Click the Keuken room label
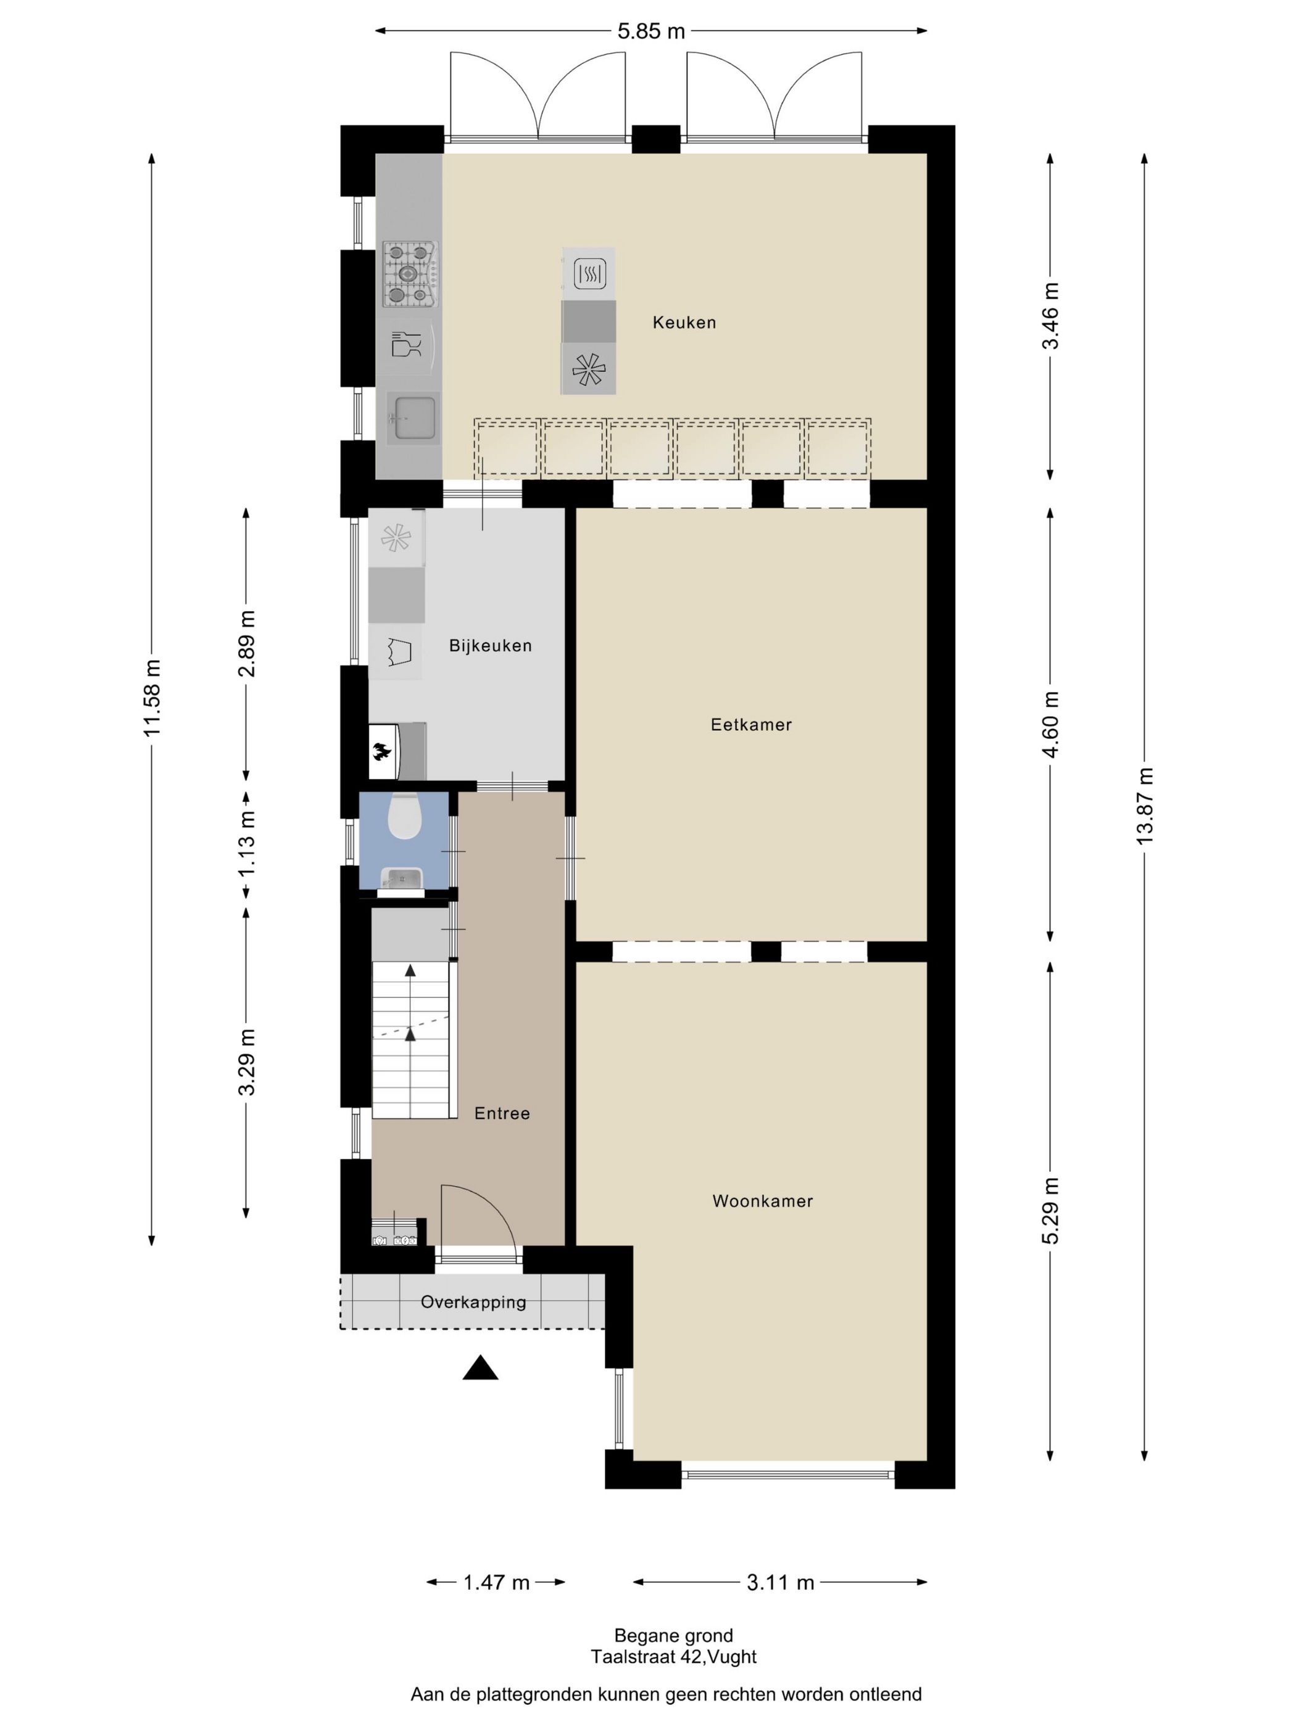click(684, 323)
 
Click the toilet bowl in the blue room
click(404, 816)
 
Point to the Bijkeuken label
click(490, 646)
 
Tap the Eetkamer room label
click(750, 725)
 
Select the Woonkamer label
click(762, 1201)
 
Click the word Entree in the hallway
click(502, 1113)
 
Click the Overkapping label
click(473, 1302)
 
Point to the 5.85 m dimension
click(650, 31)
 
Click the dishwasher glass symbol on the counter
click(405, 344)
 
